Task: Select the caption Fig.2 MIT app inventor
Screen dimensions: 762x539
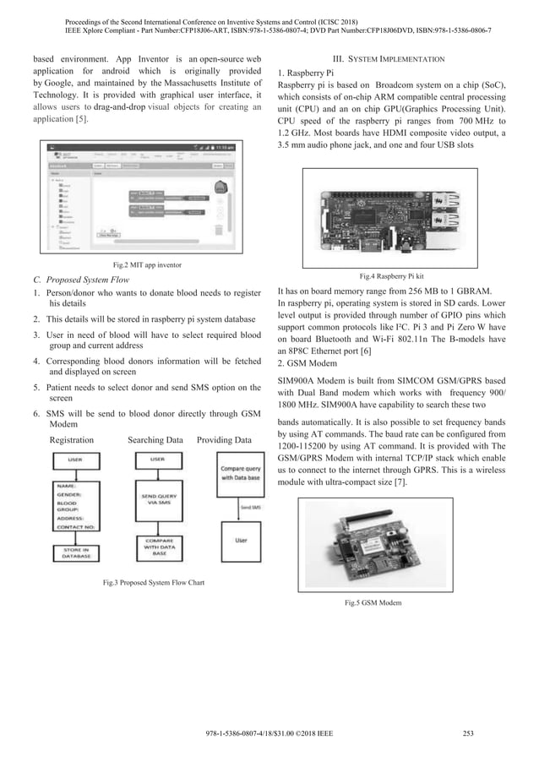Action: (x=144, y=266)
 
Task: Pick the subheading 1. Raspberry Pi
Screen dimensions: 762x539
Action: (x=312, y=73)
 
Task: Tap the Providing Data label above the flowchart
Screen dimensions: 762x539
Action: (x=223, y=440)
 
